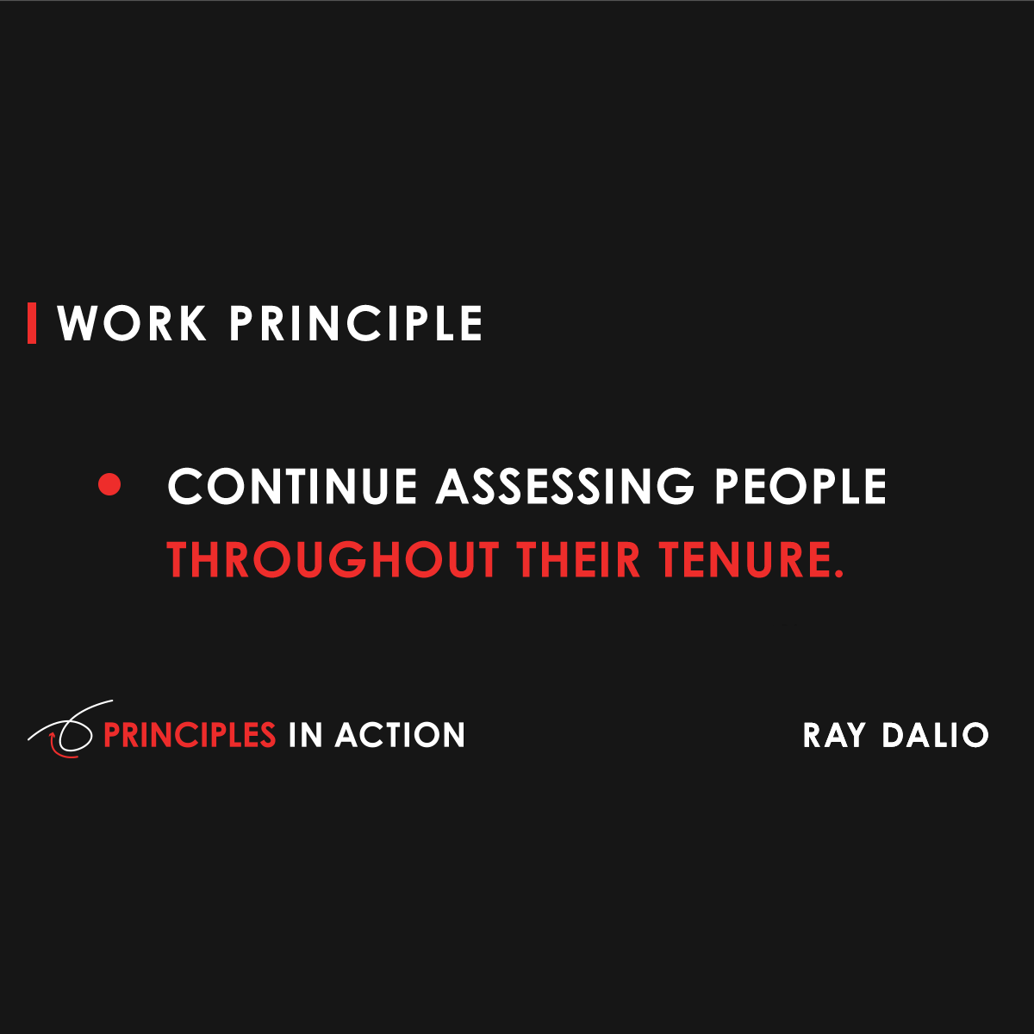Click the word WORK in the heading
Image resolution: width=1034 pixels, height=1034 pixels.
tap(132, 324)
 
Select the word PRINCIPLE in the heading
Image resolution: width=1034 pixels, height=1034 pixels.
tap(356, 324)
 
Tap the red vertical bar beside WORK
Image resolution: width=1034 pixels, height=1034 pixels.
tap(32, 324)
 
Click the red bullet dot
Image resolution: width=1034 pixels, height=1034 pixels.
tap(109, 485)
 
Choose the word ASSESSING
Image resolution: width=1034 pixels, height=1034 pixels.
tap(564, 487)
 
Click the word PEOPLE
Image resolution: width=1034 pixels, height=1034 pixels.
tap(800, 487)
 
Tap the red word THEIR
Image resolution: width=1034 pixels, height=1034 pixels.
tap(579, 560)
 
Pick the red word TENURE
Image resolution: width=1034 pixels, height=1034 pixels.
tap(745, 560)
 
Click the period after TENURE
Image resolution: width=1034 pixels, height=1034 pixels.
tap(839, 575)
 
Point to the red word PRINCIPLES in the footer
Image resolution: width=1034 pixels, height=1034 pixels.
tap(190, 735)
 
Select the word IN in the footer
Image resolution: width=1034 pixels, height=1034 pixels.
tap(305, 735)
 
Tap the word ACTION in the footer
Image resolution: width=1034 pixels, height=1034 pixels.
tap(401, 735)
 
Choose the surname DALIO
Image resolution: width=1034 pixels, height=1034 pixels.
tap(935, 736)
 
